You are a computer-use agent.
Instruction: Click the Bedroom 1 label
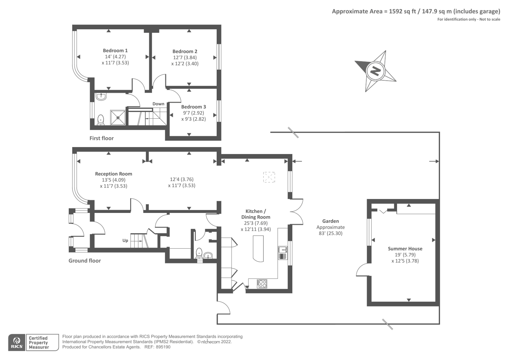(115, 50)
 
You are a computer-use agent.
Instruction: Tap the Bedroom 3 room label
(193, 107)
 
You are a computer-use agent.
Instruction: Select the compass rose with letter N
(375, 71)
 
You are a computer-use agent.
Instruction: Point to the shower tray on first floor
(118, 117)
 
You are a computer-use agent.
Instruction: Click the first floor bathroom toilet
(101, 120)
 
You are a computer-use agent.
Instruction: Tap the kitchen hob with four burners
(262, 283)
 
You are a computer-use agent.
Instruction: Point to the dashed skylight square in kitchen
(269, 177)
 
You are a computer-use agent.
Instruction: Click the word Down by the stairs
(158, 104)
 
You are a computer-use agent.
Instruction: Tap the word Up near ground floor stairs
(125, 240)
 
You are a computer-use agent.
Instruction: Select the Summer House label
(405, 249)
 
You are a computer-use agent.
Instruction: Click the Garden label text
(331, 221)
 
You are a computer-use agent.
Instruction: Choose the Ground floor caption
(85, 260)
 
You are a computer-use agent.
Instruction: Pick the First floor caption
(101, 138)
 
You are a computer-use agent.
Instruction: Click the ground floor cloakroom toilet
(199, 253)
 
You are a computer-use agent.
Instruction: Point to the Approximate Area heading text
(416, 11)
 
